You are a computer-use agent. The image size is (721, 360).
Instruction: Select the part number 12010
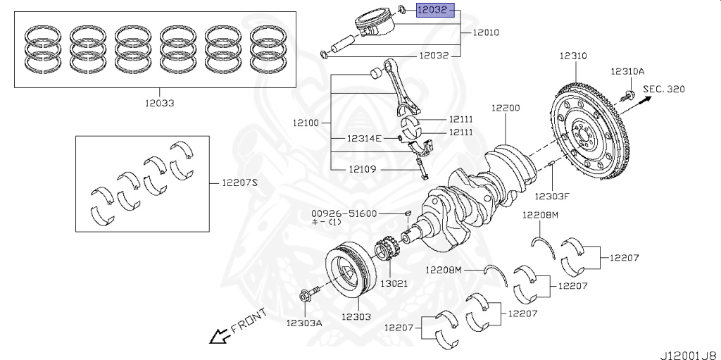click(487, 32)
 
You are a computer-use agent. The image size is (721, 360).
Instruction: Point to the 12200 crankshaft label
click(506, 108)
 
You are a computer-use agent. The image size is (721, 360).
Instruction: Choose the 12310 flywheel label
click(574, 55)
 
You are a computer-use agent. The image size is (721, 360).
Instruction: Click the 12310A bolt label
click(627, 71)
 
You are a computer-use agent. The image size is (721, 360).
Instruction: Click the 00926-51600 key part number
click(345, 213)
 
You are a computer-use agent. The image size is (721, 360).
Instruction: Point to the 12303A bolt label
click(304, 323)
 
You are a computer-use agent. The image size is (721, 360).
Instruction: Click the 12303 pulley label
click(356, 316)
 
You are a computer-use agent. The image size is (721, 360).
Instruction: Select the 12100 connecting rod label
click(307, 123)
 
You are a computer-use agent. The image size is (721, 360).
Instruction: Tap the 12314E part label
click(364, 138)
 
